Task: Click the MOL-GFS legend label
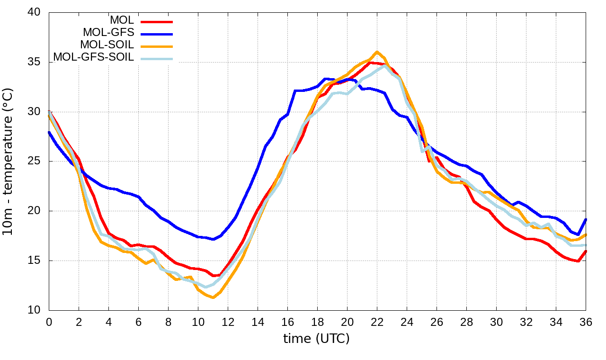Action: pyautogui.click(x=108, y=33)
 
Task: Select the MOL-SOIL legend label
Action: pyautogui.click(x=107, y=45)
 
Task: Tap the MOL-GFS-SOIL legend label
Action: pyautogui.click(x=94, y=57)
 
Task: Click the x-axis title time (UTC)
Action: pyautogui.click(x=316, y=338)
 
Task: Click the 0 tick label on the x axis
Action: pyautogui.click(x=49, y=322)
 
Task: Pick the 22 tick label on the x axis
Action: pyautogui.click(x=377, y=322)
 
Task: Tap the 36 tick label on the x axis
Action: pyautogui.click(x=586, y=322)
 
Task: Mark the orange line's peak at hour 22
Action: pyautogui.click(x=377, y=52)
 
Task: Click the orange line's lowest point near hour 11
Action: pyautogui.click(x=213, y=297)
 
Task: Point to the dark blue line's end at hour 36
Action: pyautogui.click(x=586, y=219)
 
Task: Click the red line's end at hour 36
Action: pyautogui.click(x=586, y=251)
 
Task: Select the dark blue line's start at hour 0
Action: pyautogui.click(x=49, y=132)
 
